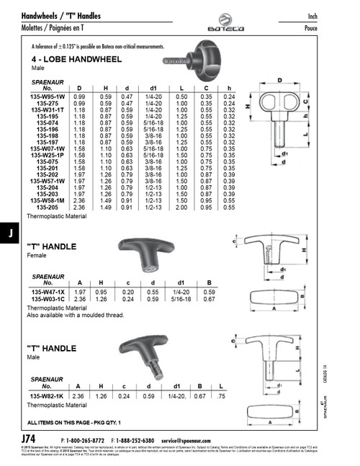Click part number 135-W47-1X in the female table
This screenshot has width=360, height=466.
[x=48, y=291]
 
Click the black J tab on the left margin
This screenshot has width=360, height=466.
[x=9, y=233]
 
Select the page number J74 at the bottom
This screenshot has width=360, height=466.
[x=32, y=439]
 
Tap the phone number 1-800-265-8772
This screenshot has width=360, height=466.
[x=85, y=440]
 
